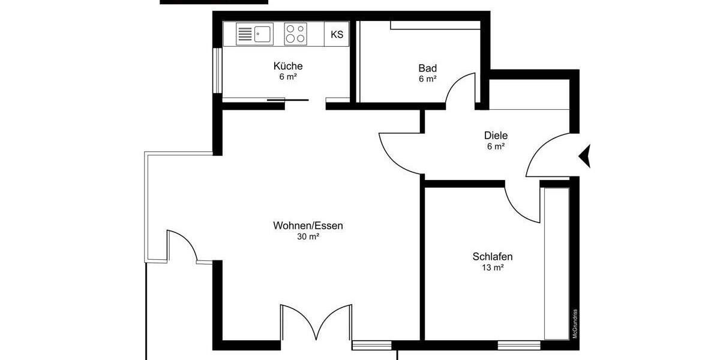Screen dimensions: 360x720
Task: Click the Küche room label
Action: coord(288,66)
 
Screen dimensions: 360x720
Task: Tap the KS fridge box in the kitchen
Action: coord(337,34)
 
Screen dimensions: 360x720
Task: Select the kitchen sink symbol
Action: coord(254,34)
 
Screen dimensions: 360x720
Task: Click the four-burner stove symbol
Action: coord(294,34)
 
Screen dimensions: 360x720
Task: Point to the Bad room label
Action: coord(428,68)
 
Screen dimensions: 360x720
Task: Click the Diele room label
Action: coord(496,136)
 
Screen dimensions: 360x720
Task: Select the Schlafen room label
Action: coord(493,257)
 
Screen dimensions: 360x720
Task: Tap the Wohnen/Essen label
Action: coord(308,226)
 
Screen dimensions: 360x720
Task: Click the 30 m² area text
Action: coord(308,237)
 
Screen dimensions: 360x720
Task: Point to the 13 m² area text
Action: coord(493,268)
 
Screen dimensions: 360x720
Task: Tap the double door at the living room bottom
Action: coord(316,324)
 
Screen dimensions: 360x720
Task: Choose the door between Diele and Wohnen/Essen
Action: coord(399,153)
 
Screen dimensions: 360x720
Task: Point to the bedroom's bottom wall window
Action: coord(518,345)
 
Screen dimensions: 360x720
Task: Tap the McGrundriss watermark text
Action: coord(574,324)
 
